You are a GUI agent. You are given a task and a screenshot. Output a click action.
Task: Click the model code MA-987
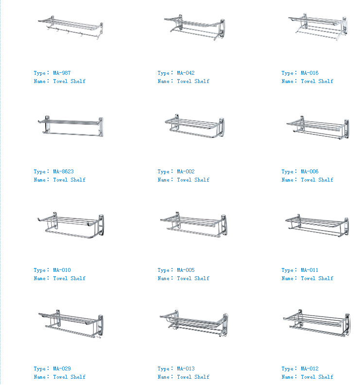tap(62, 73)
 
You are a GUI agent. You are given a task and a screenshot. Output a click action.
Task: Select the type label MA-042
tap(186, 73)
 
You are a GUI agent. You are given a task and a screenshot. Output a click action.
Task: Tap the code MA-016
tap(309, 73)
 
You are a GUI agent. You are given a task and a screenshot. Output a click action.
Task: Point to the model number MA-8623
tap(63, 171)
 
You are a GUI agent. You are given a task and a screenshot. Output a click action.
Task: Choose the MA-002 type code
tap(186, 171)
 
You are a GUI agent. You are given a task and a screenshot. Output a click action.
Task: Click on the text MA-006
tap(309, 171)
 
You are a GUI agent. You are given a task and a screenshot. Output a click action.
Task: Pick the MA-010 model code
tap(62, 270)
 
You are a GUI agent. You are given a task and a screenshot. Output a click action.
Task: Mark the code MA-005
tap(186, 270)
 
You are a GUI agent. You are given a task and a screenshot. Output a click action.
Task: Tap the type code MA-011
tap(309, 270)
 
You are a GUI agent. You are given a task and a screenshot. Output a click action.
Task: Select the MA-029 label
tap(62, 368)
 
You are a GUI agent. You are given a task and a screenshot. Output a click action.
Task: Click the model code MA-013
tap(186, 368)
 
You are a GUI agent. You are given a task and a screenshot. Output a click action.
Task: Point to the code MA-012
tap(309, 368)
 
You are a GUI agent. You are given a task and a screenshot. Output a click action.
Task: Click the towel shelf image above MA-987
tap(71, 28)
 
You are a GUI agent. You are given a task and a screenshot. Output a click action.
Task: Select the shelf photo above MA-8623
tap(71, 126)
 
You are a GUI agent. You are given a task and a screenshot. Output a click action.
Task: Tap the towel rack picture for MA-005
tap(194, 224)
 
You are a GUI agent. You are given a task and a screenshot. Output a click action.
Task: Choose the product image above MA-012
tap(317, 323)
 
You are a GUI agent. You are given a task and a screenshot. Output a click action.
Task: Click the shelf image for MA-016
tap(318, 27)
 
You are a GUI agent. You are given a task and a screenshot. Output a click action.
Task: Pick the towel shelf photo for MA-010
tap(70, 225)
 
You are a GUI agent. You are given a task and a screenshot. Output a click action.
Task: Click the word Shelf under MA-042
tap(202, 81)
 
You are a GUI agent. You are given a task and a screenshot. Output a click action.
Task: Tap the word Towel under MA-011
tap(308, 279)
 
